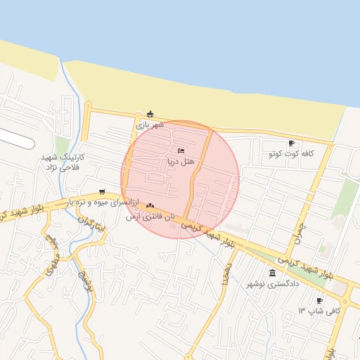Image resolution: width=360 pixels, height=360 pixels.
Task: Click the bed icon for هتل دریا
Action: click(181, 150)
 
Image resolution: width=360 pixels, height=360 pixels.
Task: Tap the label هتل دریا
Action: click(180, 162)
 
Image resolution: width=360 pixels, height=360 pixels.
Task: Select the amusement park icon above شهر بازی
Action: click(150, 114)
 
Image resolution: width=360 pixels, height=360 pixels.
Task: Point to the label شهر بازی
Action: click(150, 124)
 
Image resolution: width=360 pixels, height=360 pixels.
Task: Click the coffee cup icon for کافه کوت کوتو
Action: click(292, 142)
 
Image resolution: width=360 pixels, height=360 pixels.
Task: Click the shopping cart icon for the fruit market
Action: click(103, 192)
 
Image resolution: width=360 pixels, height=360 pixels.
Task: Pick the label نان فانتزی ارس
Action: click(150, 217)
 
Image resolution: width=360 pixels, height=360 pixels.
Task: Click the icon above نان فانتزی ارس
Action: click(150, 205)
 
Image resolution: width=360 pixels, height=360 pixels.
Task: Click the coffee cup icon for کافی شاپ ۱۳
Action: click(320, 300)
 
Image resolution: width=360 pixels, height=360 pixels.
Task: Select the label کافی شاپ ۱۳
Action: click(320, 311)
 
